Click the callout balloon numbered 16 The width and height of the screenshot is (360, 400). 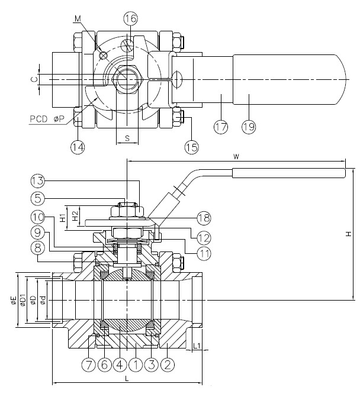pos(130,18)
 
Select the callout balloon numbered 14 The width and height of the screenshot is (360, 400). pos(78,146)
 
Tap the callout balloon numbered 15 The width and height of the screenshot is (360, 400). pos(191,146)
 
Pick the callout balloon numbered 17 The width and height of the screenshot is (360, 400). pos(221,126)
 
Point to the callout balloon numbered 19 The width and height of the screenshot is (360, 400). pos(249,126)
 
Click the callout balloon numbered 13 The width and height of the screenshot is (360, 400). pos(37,180)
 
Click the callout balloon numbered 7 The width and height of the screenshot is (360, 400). pos(88,364)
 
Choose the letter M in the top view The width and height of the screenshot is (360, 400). pos(77,19)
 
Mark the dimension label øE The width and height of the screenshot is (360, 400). pos(14,300)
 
